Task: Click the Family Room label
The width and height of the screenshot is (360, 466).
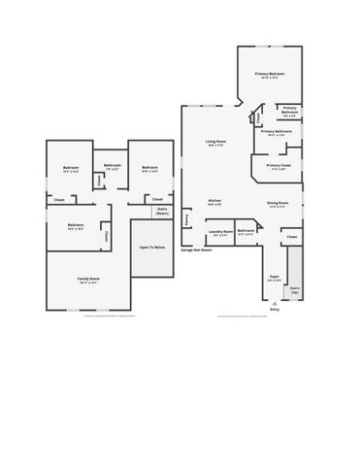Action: pyautogui.click(x=89, y=279)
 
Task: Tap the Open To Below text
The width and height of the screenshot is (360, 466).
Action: pyautogui.click(x=150, y=248)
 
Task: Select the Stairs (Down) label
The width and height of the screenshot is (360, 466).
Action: pyautogui.click(x=162, y=211)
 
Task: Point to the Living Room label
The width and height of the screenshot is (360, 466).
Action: pyautogui.click(x=215, y=142)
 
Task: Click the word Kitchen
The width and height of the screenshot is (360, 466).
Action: pyautogui.click(x=214, y=202)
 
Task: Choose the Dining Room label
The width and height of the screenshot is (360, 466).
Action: pyautogui.click(x=278, y=203)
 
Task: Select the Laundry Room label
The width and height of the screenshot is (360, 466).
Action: pyautogui.click(x=220, y=231)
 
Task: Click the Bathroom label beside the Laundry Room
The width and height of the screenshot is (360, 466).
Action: pyautogui.click(x=246, y=231)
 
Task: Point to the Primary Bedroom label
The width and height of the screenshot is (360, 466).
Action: pyautogui.click(x=270, y=74)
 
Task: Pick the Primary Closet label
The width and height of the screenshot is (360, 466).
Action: pyautogui.click(x=278, y=166)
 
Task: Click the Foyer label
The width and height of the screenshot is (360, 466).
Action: pyautogui.click(x=275, y=277)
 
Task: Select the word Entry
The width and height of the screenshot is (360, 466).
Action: pyautogui.click(x=275, y=310)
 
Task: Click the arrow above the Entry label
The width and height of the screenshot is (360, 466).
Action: pyautogui.click(x=275, y=303)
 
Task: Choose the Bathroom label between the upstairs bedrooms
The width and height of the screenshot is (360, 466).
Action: pyautogui.click(x=113, y=166)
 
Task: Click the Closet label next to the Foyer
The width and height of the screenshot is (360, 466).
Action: pyautogui.click(x=291, y=236)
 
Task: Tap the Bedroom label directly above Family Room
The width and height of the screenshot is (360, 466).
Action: pyautogui.click(x=76, y=225)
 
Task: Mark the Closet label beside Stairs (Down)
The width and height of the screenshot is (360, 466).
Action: pyautogui.click(x=157, y=200)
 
